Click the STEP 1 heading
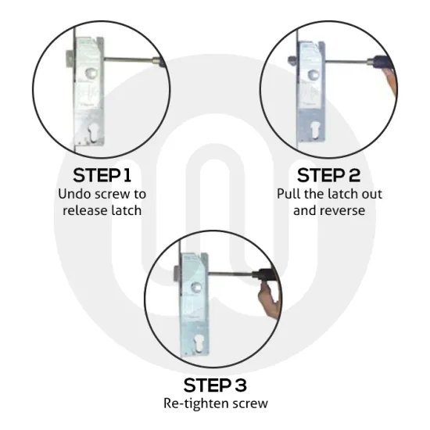tap(102, 175)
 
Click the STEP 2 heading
tap(328, 175)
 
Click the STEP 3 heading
tap(215, 385)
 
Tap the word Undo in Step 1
tap(74, 194)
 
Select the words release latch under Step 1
tap(102, 210)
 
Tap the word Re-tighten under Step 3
tap(196, 403)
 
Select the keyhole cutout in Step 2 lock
tap(314, 131)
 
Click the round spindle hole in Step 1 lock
tap(91, 73)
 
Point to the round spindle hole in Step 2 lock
tap(313, 74)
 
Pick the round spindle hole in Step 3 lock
tap(196, 287)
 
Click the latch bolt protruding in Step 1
tap(70, 59)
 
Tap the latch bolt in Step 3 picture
tap(177, 273)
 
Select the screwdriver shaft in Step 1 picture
tap(128, 59)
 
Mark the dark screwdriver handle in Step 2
tap(382, 61)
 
